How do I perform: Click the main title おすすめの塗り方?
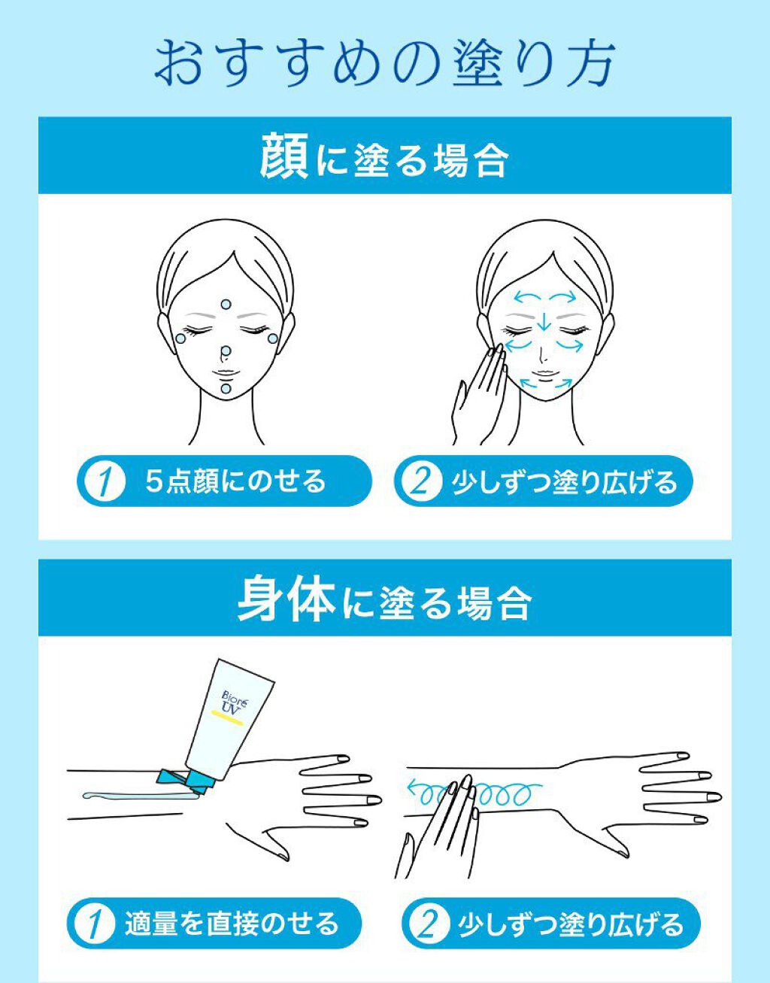(x=384, y=64)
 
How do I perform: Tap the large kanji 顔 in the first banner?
(x=285, y=155)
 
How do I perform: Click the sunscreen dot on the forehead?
(x=226, y=304)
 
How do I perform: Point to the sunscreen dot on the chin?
(x=226, y=389)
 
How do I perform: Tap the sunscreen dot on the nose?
(x=226, y=350)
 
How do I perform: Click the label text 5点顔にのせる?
(x=235, y=481)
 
